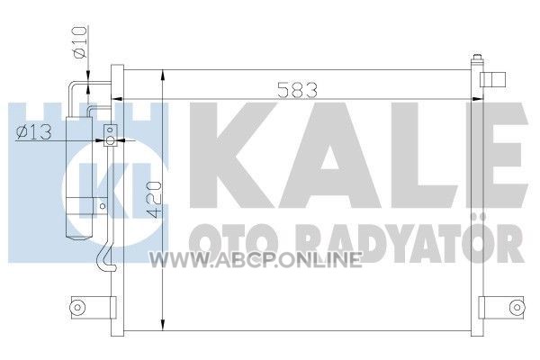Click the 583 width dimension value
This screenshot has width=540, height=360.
click(x=297, y=90)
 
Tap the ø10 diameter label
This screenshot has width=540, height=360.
click(x=79, y=42)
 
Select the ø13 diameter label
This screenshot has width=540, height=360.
click(x=34, y=132)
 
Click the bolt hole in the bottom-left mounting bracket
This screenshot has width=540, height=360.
click(x=77, y=307)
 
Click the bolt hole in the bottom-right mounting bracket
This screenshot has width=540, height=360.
click(x=516, y=307)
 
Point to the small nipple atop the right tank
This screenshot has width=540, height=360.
click(x=477, y=58)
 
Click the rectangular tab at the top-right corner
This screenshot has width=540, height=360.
click(x=493, y=79)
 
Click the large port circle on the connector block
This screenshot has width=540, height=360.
click(x=110, y=140)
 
